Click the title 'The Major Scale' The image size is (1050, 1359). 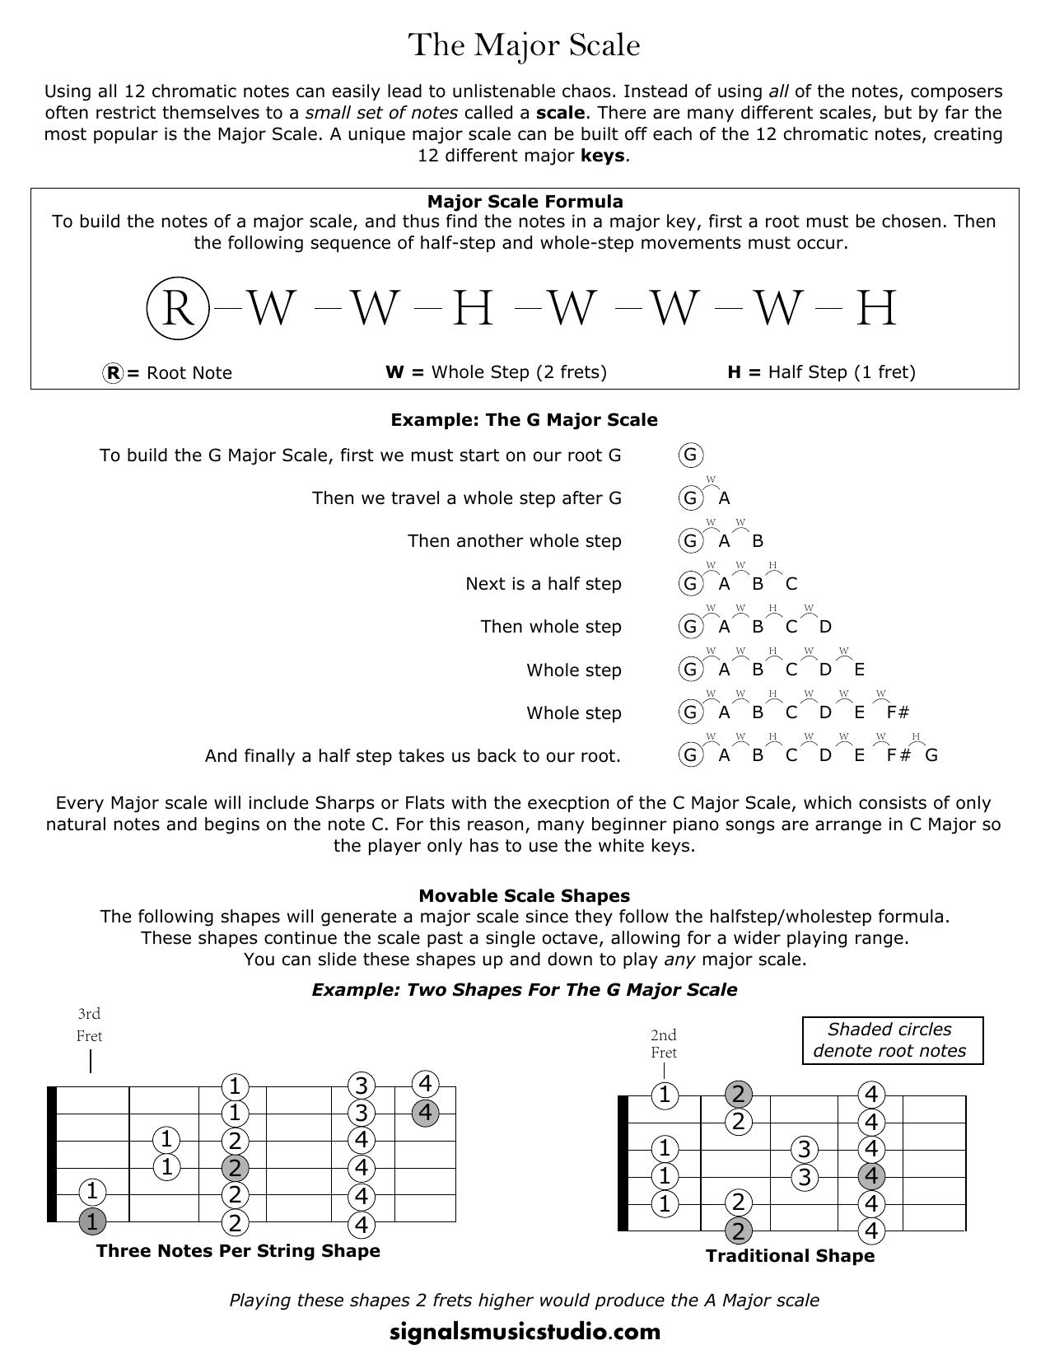525,44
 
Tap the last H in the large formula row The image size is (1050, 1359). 876,309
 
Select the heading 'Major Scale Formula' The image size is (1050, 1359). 525,202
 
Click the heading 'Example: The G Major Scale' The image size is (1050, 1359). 524,420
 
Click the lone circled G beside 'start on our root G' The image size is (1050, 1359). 690,455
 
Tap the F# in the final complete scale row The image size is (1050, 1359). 898,755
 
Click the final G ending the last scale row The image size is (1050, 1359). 931,755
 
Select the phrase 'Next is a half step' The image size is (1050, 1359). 543,584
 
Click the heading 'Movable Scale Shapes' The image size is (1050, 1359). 524,896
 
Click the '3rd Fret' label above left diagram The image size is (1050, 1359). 89,1025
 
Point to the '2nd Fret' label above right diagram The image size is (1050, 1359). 663,1044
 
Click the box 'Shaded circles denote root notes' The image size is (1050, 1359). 893,1040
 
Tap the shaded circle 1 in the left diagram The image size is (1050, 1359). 92,1221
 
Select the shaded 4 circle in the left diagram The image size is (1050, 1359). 425,1113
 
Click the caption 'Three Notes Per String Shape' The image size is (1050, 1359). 238,1251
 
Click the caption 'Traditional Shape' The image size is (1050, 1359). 790,1256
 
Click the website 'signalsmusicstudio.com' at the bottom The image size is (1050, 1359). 525,1332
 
